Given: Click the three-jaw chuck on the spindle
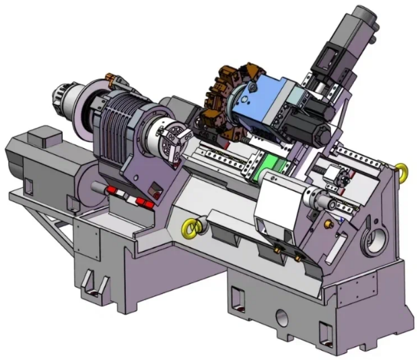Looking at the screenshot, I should point(168,139).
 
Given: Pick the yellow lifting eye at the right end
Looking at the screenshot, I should point(402,171).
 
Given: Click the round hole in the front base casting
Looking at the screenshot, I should point(281,317).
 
